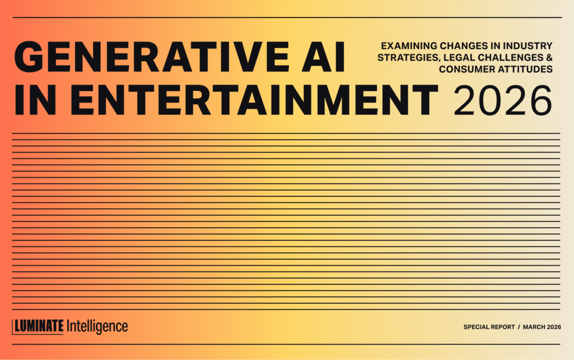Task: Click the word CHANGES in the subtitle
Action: (458, 45)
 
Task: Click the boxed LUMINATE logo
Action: (38, 326)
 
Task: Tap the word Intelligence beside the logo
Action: (96, 326)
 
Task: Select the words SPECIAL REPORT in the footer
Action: (489, 327)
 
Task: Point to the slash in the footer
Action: (519, 327)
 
